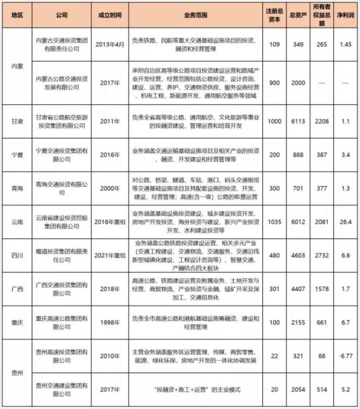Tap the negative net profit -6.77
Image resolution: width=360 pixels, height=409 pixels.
pyautogui.click(x=346, y=356)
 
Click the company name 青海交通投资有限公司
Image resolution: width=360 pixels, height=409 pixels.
pyautogui.click(x=61, y=188)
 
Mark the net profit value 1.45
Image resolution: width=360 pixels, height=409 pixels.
pyautogui.click(x=346, y=44)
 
